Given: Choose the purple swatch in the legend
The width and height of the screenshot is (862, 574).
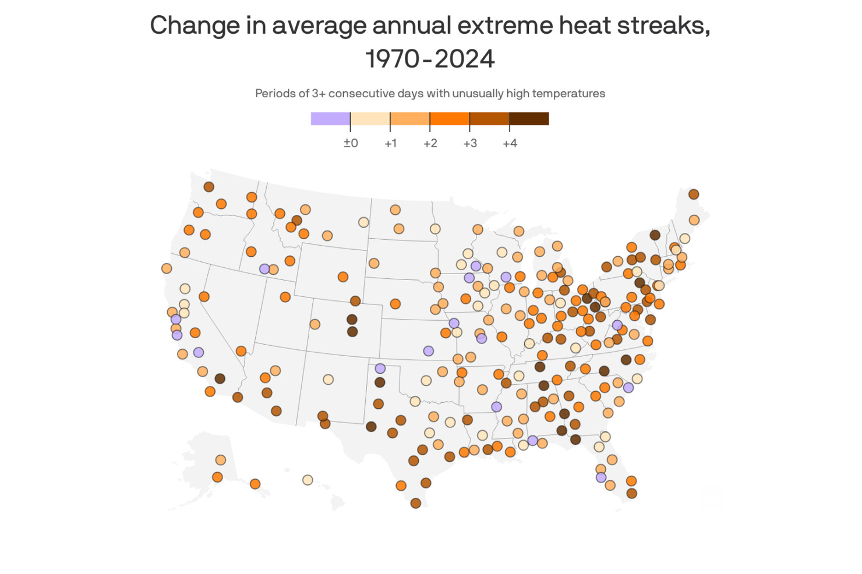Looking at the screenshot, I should [330, 119].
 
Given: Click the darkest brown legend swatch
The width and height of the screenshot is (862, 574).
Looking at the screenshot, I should [529, 119].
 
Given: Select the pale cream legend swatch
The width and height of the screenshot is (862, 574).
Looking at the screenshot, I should [370, 119].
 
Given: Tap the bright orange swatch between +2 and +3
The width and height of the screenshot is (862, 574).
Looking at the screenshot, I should [450, 119].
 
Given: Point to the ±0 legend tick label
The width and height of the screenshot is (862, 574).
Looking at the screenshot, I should [351, 143].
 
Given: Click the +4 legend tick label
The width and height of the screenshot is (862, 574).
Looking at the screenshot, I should [510, 143].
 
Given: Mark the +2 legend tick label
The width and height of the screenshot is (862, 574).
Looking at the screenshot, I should [430, 143].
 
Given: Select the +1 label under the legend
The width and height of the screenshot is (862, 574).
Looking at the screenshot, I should [390, 143].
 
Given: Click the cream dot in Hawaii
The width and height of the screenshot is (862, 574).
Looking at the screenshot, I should [308, 480].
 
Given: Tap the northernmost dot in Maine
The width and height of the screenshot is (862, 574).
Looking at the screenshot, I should [693, 194].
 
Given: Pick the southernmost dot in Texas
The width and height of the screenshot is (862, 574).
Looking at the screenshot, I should [415, 503].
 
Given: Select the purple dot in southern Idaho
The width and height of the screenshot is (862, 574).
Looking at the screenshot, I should [264, 269].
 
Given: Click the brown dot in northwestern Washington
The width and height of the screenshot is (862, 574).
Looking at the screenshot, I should [209, 187].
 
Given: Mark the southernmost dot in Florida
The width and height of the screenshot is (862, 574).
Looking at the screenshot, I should [631, 494].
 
